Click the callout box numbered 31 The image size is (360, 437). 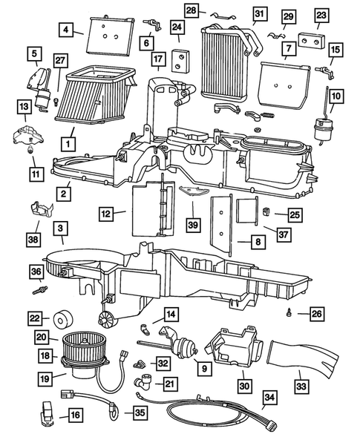tap(258, 14)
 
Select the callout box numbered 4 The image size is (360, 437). tap(67, 30)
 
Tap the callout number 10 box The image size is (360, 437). tap(336, 96)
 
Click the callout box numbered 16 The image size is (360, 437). tap(74, 415)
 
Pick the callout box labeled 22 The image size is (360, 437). tap(34, 318)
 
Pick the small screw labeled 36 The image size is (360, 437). tap(36, 291)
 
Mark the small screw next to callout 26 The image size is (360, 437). tap(288, 315)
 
